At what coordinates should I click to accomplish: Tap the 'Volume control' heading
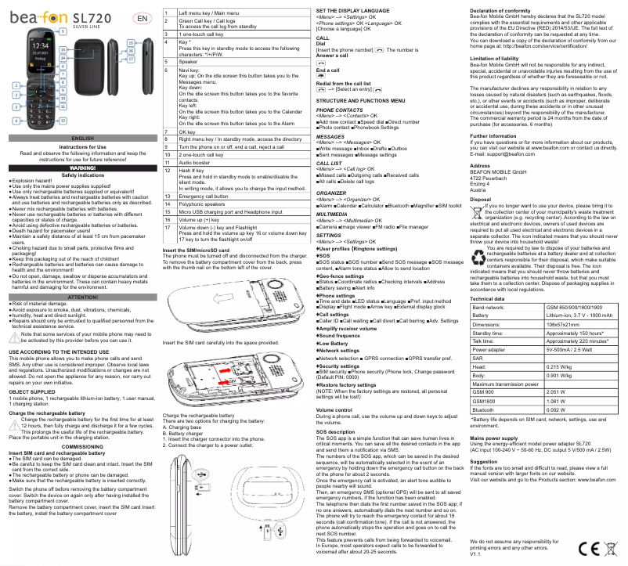click(333, 409)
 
